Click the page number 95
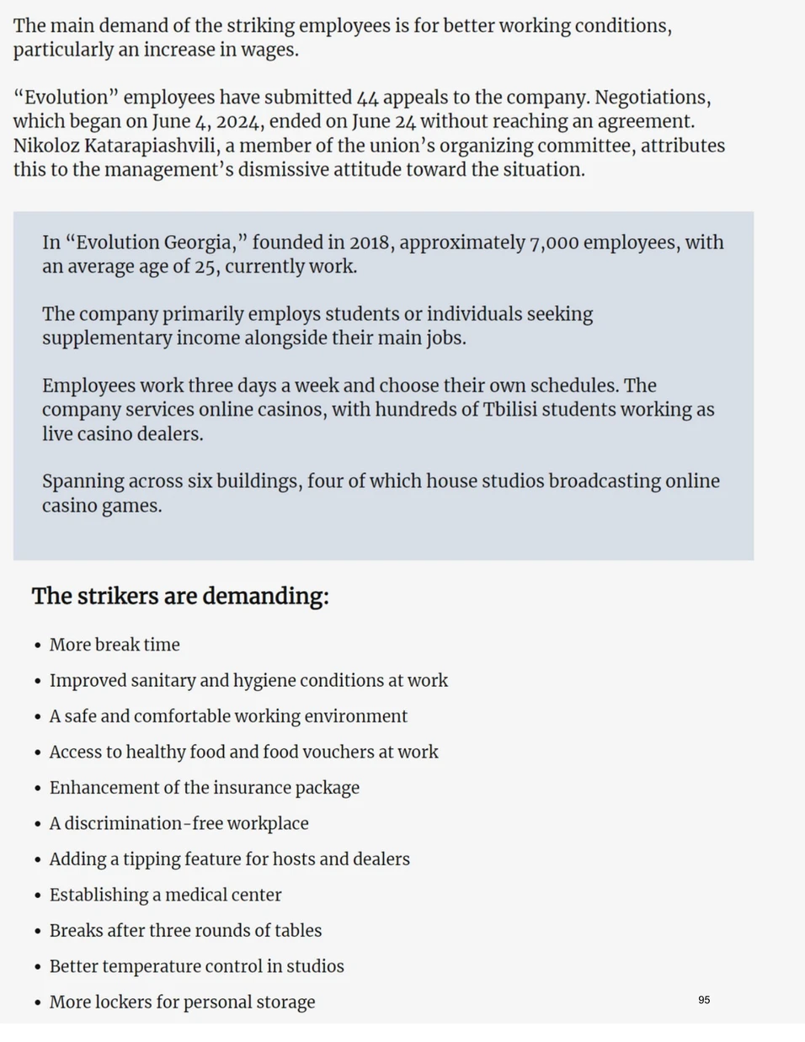(704, 1000)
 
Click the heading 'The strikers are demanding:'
(180, 596)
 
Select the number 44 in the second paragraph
(368, 98)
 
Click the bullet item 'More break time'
(115, 645)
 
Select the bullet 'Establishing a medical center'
(165, 895)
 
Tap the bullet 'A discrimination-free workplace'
(179, 823)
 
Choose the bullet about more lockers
(182, 1002)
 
